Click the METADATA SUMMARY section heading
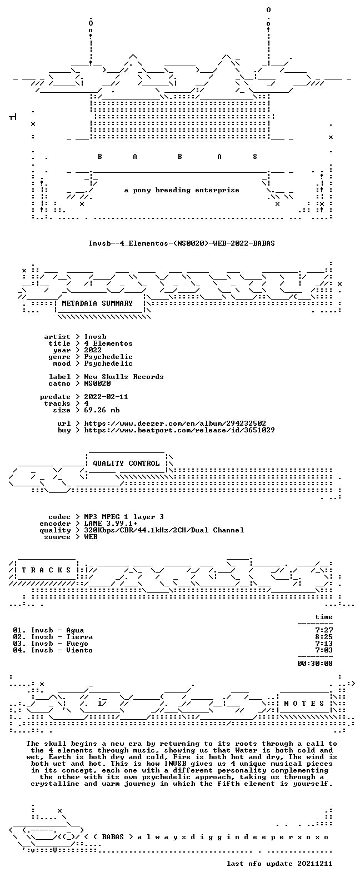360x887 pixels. [x=97, y=303]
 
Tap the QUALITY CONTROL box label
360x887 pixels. [x=126, y=464]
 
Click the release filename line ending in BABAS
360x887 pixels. [x=182, y=243]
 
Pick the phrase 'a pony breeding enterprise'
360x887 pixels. [x=182, y=190]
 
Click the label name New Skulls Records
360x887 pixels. [x=123, y=377]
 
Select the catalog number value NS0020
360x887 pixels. [x=97, y=383]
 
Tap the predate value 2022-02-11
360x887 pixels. [x=106, y=397]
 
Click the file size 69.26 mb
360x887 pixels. [x=102, y=410]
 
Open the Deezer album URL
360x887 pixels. [x=175, y=423]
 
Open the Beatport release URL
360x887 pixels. [x=179, y=430]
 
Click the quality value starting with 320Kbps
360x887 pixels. [x=164, y=530]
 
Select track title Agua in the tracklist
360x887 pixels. [x=75, y=630]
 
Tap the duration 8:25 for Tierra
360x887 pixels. [x=324, y=637]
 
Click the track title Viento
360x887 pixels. [x=79, y=650]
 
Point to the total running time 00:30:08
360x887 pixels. [x=315, y=664]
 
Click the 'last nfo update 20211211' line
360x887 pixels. [x=279, y=864]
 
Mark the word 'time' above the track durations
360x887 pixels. [x=324, y=617]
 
